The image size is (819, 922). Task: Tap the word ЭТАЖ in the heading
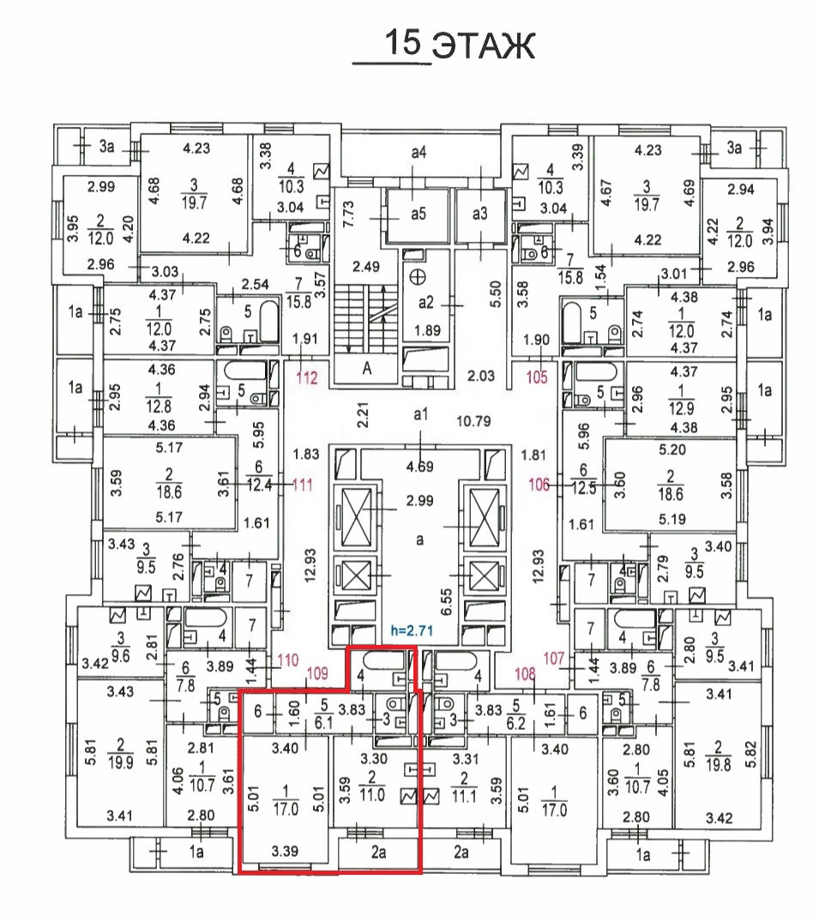pos(482,47)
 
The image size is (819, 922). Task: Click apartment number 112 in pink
pos(307,376)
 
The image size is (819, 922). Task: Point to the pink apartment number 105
pos(537,376)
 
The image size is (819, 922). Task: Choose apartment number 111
pos(301,485)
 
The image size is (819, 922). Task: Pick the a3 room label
pos(479,214)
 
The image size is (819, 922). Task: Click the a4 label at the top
pos(419,153)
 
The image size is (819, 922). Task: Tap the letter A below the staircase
pos(368,370)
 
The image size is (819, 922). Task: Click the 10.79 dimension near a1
pos(473,421)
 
